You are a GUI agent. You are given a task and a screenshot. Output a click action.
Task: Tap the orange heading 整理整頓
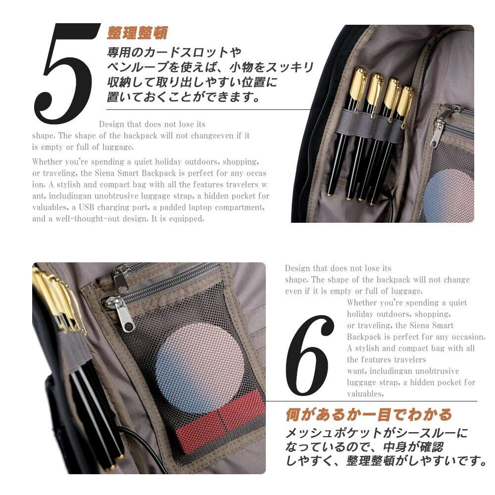137,33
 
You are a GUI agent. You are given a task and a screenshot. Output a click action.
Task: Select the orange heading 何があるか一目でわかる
368,414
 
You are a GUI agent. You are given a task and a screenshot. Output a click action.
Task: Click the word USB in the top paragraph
86,207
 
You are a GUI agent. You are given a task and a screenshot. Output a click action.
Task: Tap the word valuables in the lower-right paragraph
365,394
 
